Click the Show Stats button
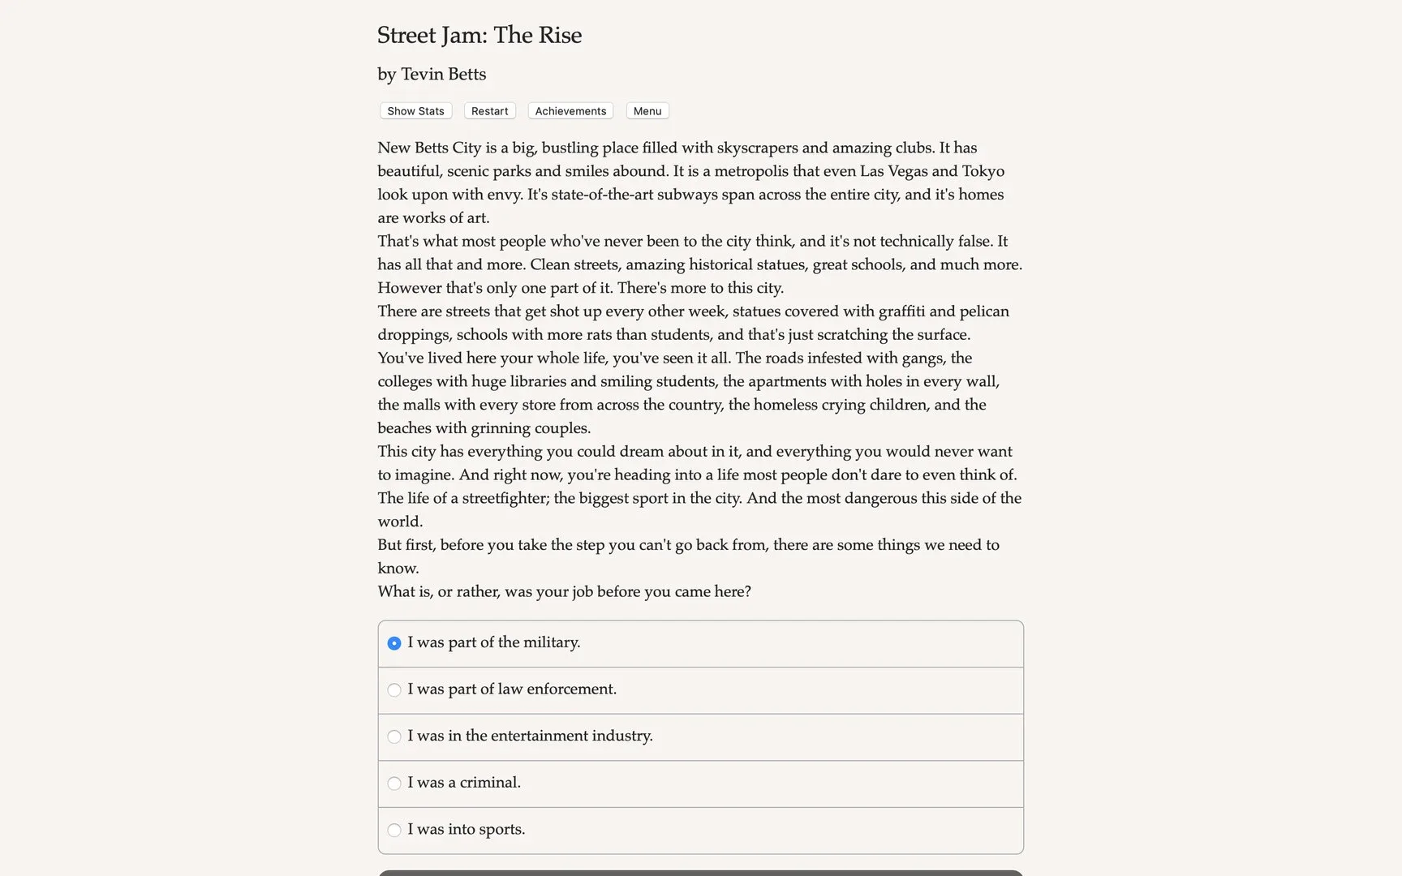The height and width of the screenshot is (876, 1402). [415, 111]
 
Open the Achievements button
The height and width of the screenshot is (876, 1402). [570, 111]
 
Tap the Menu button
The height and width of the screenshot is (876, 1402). [647, 111]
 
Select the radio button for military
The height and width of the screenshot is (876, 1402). [394, 643]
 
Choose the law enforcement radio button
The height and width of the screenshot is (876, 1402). [394, 690]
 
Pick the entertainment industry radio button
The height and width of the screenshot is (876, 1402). [394, 736]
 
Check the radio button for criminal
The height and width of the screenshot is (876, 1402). [394, 784]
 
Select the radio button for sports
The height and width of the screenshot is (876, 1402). [394, 830]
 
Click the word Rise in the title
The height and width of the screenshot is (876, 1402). [560, 36]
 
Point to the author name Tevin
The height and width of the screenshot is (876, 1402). [422, 75]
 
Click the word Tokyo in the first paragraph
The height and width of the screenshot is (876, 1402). [983, 171]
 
